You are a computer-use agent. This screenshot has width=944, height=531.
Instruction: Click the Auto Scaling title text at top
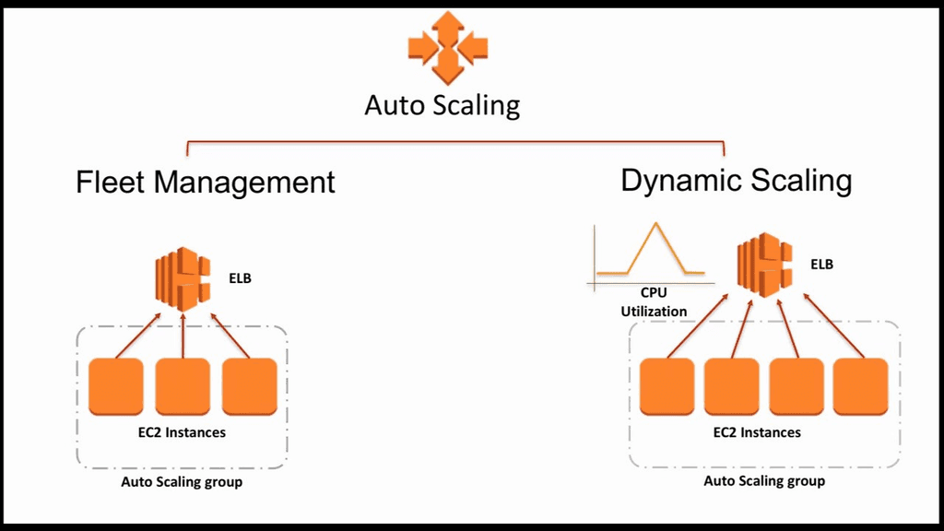coord(442,104)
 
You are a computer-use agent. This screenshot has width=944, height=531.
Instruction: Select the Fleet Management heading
coord(205,182)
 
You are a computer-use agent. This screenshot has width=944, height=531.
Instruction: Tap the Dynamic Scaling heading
coord(736,180)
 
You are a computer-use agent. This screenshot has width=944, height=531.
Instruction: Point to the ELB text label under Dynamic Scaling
coord(821,264)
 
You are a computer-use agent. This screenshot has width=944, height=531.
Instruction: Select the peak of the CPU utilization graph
coord(655,224)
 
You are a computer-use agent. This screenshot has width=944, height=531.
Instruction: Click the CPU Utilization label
coord(654,302)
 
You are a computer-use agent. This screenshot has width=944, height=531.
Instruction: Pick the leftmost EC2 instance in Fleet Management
coord(115,387)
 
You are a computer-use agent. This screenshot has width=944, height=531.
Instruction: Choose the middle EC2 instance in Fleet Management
coord(183,387)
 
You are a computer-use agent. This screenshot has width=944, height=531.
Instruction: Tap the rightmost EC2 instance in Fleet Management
coord(249,387)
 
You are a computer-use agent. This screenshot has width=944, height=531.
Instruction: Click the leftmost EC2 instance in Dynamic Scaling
coord(667,386)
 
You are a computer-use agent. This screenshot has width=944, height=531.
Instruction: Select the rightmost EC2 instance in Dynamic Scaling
coord(860,386)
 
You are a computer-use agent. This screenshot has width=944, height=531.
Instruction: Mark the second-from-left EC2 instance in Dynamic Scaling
coord(731,386)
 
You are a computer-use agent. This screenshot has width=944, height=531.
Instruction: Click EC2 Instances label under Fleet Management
coord(182,431)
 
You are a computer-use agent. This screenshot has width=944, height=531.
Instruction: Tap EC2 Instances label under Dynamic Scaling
coord(757,431)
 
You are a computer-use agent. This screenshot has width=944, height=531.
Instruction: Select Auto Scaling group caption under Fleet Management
coord(182,481)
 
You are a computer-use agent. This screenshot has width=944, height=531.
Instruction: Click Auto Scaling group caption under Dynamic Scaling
coord(764,480)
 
